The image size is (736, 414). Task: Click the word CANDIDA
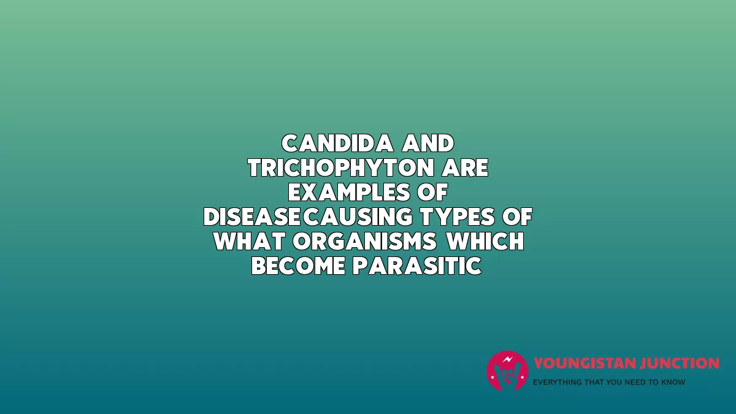pyautogui.click(x=337, y=144)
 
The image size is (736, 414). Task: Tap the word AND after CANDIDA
pyautogui.click(x=428, y=144)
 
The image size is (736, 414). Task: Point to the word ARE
pyautogui.click(x=466, y=168)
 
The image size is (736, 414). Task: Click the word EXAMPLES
pyautogui.click(x=349, y=192)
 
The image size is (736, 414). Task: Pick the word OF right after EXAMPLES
pyautogui.click(x=433, y=192)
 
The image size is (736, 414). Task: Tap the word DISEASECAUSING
pyautogui.click(x=308, y=217)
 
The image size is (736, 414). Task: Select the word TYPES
pyautogui.click(x=458, y=217)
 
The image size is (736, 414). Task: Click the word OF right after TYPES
pyautogui.click(x=518, y=217)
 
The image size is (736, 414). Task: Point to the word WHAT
pyautogui.click(x=250, y=241)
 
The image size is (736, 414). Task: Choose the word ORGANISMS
pyautogui.click(x=365, y=241)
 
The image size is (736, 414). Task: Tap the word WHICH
pyautogui.click(x=485, y=241)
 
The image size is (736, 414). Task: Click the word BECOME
pyautogui.click(x=298, y=266)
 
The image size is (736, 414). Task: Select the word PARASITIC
pyautogui.click(x=417, y=266)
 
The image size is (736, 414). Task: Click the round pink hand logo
pyautogui.click(x=507, y=371)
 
